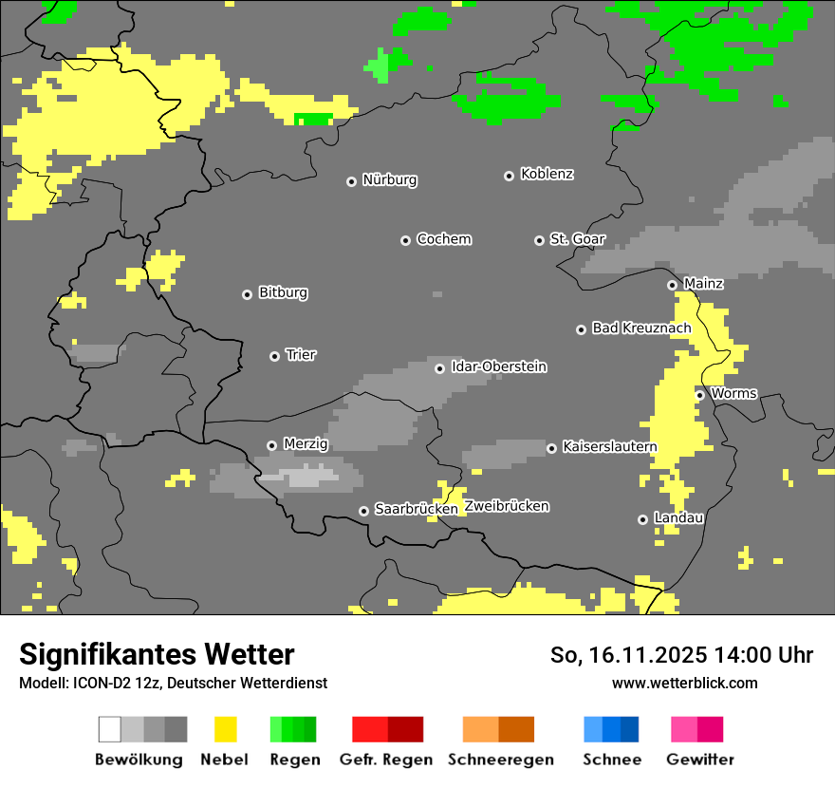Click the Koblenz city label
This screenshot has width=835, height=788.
(x=547, y=174)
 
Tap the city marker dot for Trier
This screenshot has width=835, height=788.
(x=274, y=356)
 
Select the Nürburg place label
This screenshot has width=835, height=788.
(x=389, y=179)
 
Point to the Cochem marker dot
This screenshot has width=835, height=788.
(x=405, y=240)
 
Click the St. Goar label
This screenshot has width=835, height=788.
(x=577, y=239)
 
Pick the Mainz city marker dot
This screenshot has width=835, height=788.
(x=672, y=285)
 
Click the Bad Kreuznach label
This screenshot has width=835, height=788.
(x=641, y=328)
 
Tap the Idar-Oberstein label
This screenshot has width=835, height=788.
(x=499, y=366)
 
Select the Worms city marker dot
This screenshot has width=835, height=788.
(x=699, y=395)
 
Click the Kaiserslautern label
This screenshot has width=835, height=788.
(x=609, y=446)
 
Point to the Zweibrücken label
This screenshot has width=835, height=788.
(x=507, y=506)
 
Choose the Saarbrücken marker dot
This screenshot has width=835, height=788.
(x=363, y=511)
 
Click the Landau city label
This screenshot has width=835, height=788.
(x=678, y=517)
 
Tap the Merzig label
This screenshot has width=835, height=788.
(x=306, y=443)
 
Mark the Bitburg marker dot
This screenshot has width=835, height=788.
(x=247, y=294)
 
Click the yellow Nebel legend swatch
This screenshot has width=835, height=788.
(x=225, y=729)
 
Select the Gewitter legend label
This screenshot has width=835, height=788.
(x=700, y=760)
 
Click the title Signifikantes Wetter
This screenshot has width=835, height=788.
(x=157, y=654)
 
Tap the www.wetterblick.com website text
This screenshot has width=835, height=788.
(x=685, y=683)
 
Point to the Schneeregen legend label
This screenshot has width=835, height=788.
(x=501, y=760)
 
